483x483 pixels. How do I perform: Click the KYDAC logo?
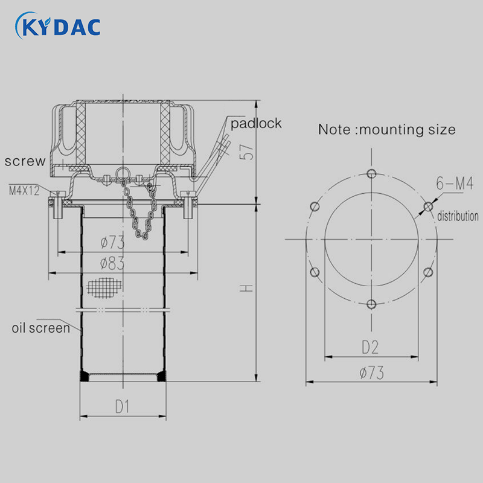58,26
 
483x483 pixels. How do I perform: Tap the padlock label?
256,124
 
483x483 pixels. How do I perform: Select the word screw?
25,161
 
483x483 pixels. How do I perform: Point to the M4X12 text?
24,191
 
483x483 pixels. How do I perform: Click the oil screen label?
41,328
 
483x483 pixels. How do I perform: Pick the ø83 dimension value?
112,264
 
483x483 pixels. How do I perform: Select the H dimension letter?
247,289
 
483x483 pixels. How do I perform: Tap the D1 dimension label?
123,406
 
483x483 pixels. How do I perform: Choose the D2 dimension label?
370,348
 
